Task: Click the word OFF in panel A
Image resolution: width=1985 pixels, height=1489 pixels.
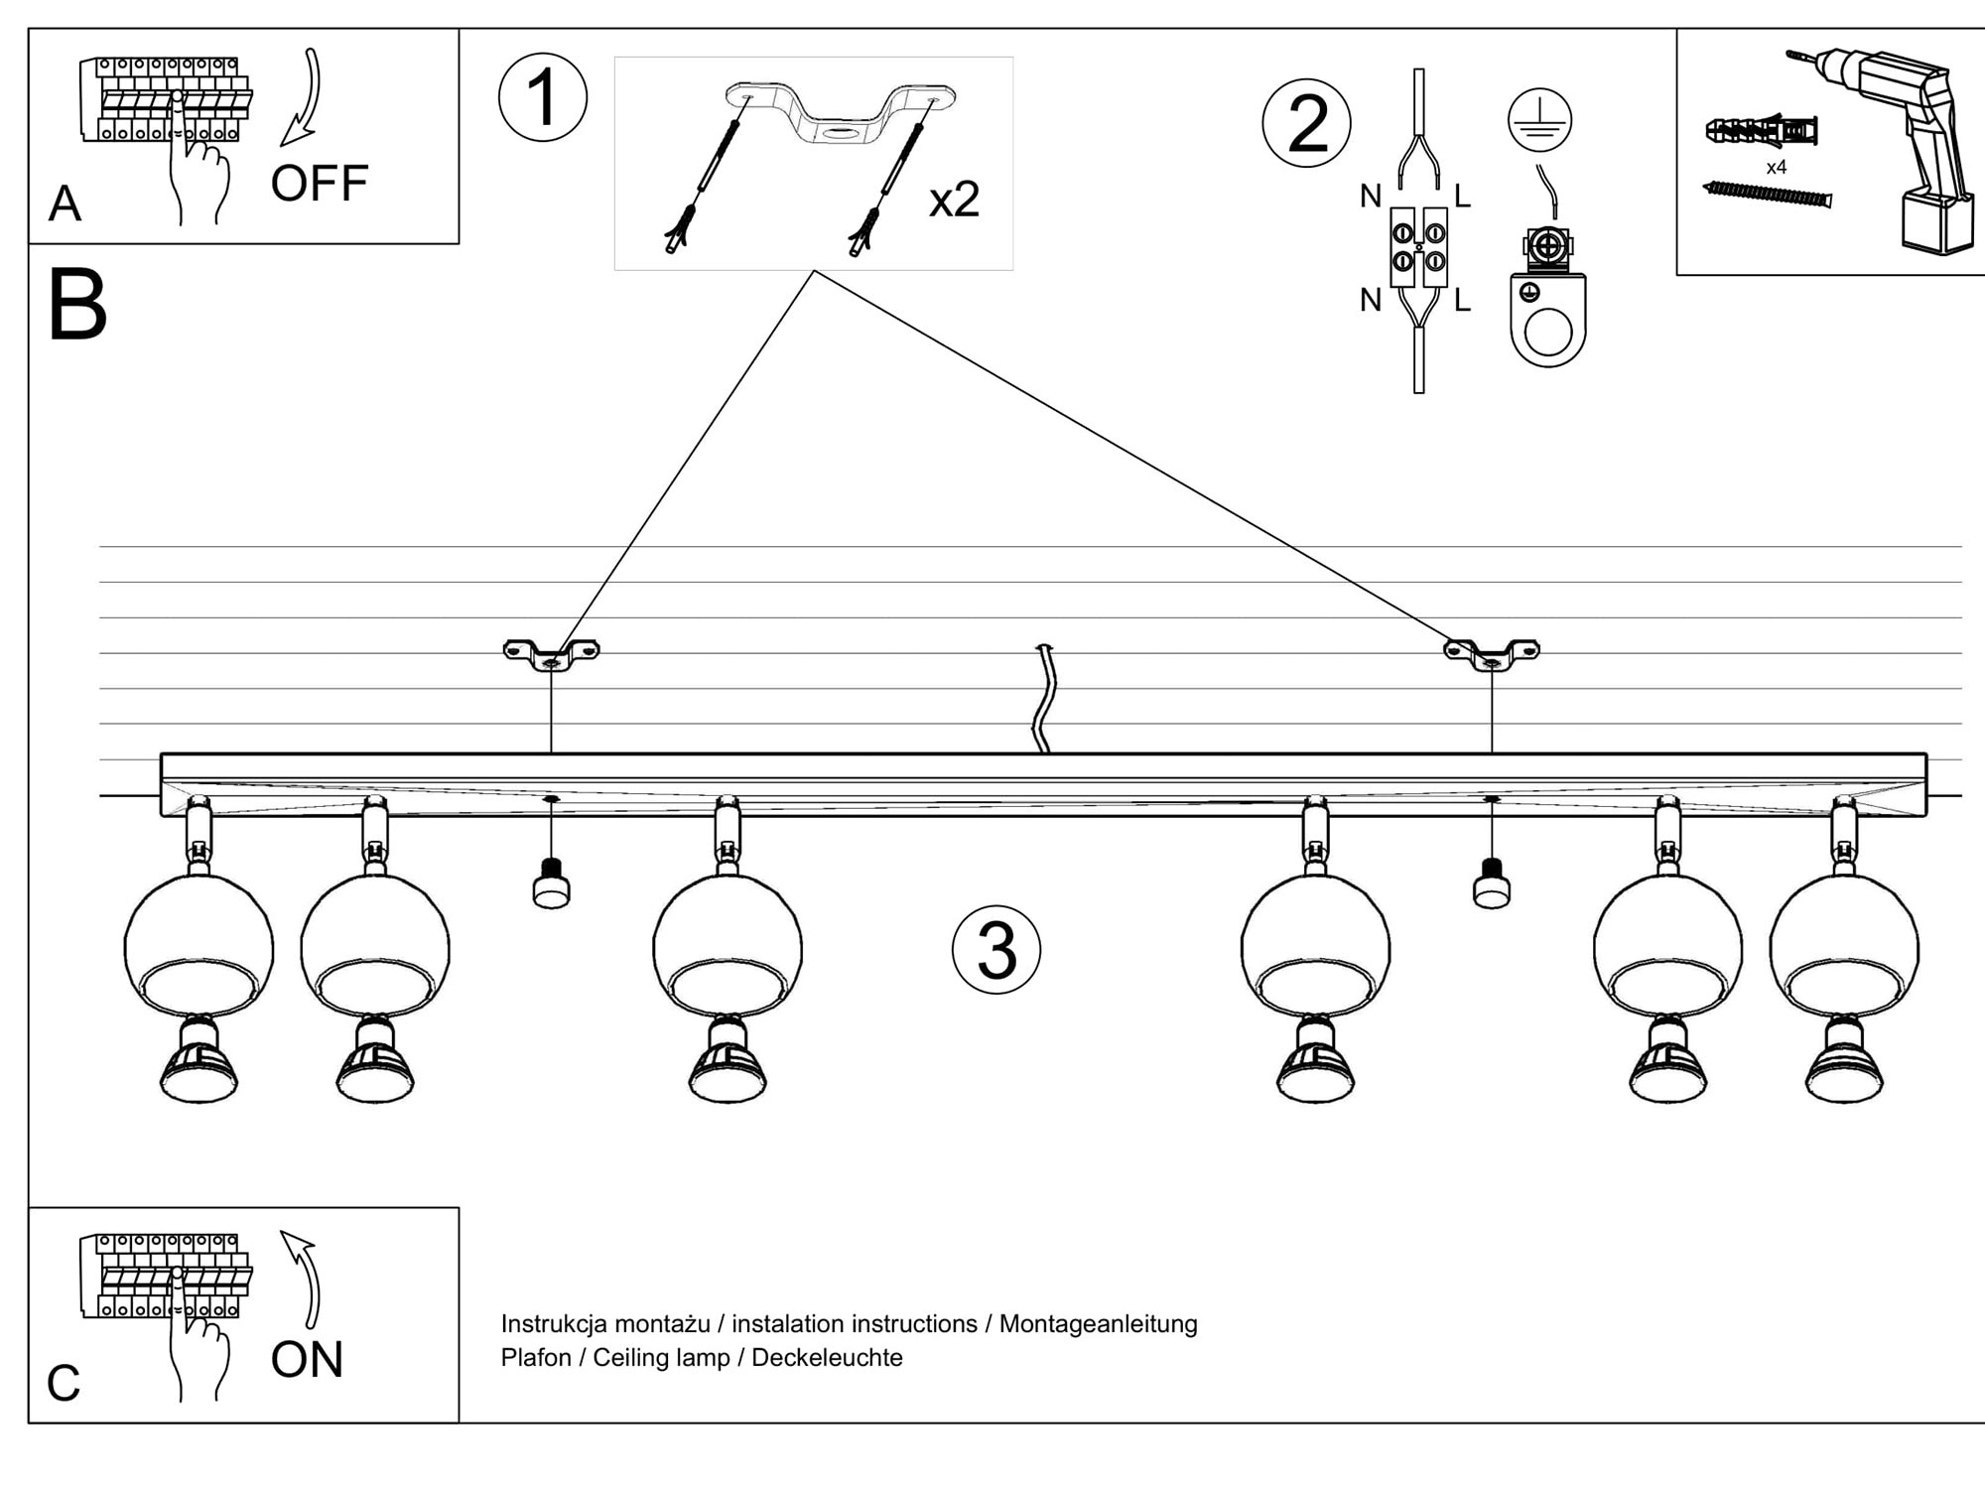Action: (319, 184)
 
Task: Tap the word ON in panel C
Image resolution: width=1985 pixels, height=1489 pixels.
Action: (307, 1359)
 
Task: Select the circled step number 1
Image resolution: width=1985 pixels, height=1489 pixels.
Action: (543, 98)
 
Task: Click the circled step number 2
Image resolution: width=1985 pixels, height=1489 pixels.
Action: (1306, 123)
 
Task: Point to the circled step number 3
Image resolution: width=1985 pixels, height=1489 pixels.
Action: (996, 950)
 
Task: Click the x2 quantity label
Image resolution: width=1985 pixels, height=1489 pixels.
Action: (954, 200)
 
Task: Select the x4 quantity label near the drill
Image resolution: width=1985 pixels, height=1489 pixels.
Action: (1776, 168)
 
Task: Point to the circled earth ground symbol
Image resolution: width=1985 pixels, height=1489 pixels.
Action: (1539, 119)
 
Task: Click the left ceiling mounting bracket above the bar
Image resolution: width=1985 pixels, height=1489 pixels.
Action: (551, 654)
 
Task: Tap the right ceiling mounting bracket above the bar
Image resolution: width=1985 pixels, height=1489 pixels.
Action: (1491, 654)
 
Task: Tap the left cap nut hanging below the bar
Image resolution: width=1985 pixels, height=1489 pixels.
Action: (552, 884)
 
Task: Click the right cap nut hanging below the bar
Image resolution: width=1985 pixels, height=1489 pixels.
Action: (1492, 884)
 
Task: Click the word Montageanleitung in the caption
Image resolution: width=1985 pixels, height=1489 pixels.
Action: (1098, 1323)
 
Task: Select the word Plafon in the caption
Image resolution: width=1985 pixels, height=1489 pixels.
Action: (536, 1357)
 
